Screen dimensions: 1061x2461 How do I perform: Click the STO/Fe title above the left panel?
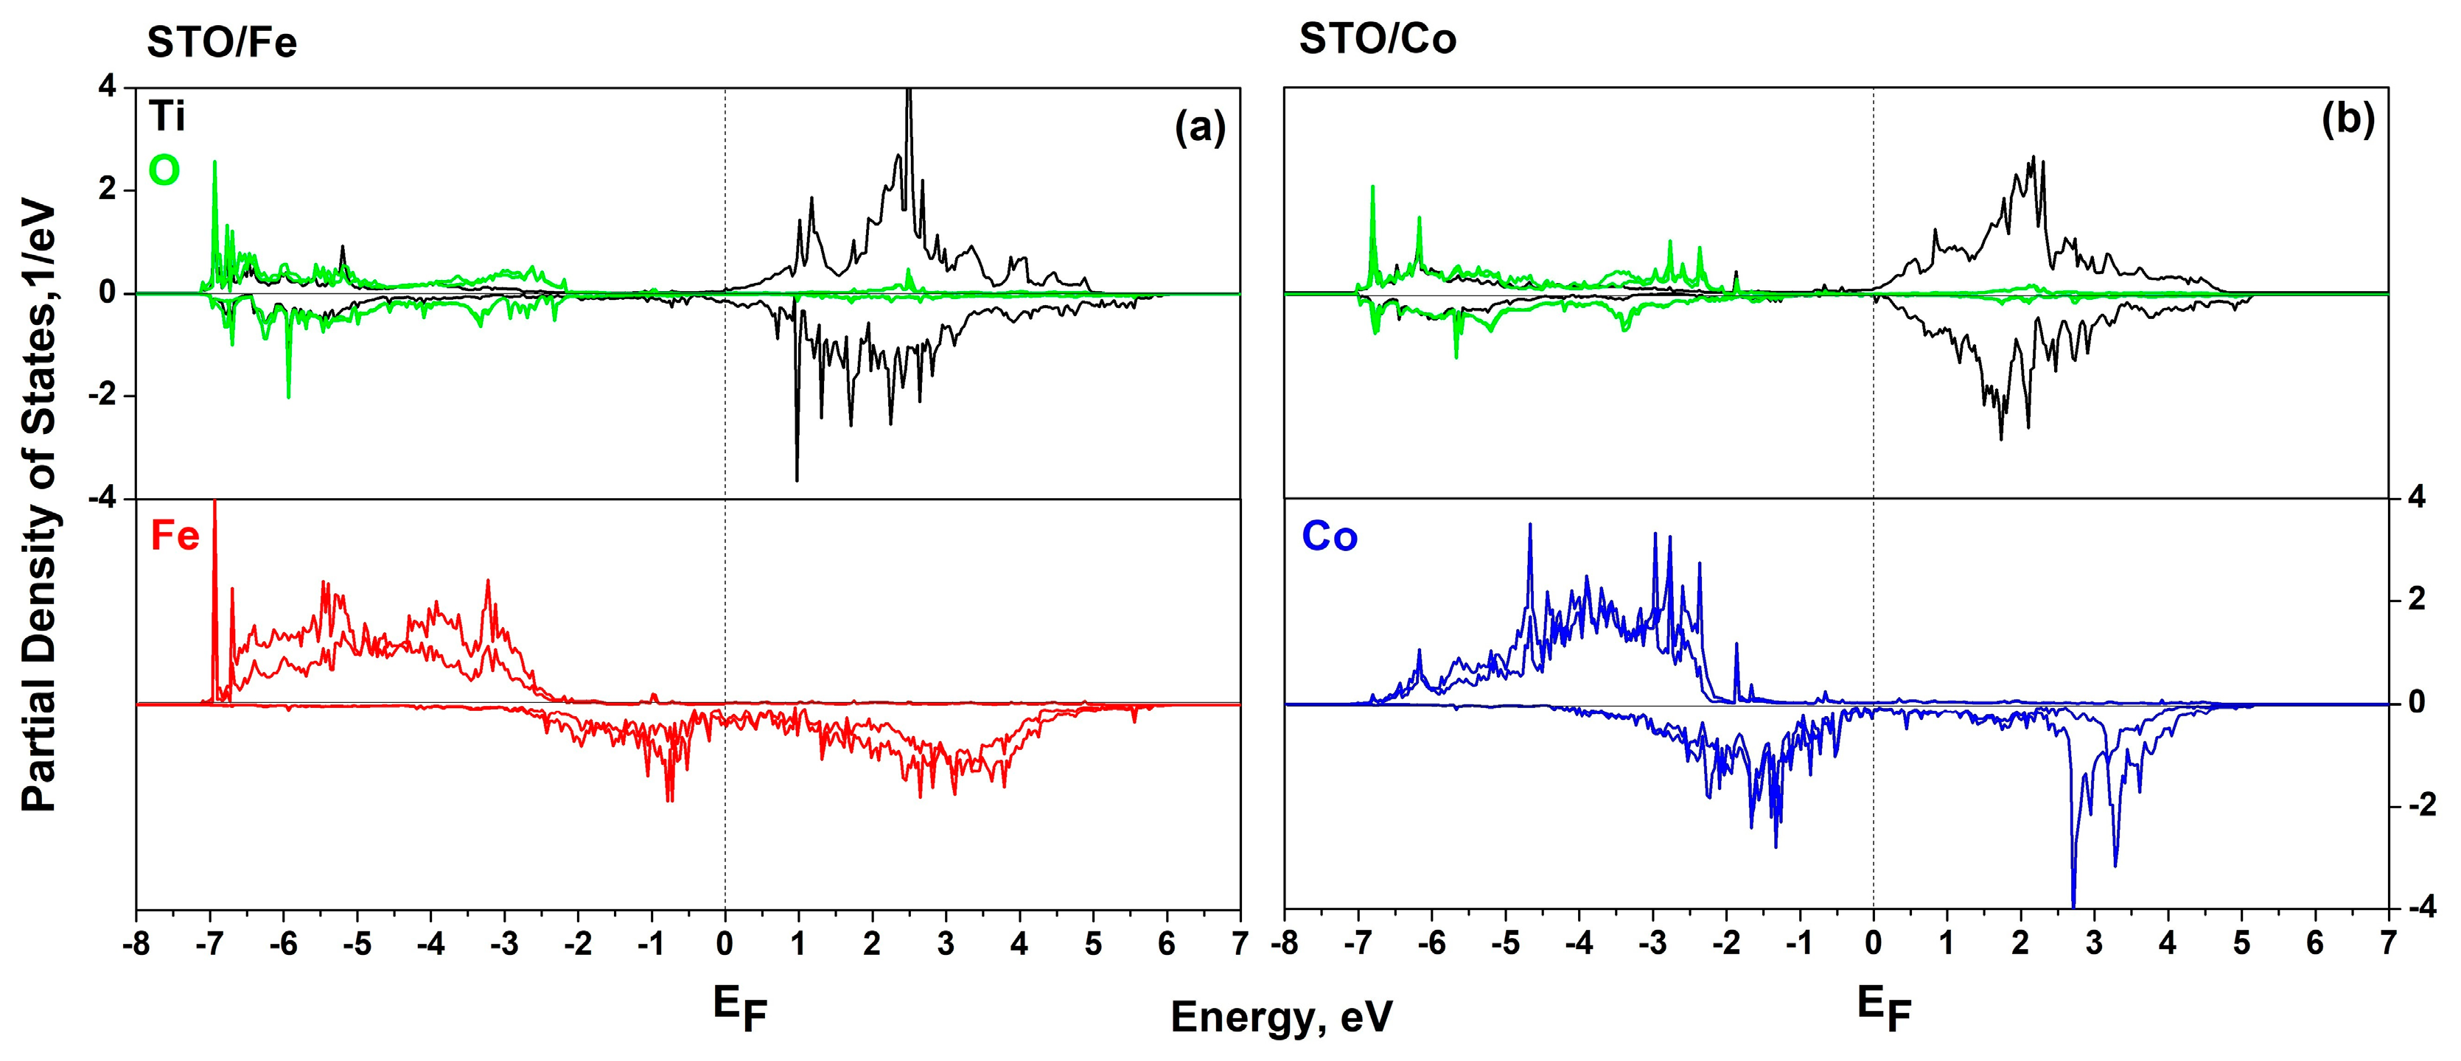point(222,43)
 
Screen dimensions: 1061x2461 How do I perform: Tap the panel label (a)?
point(1199,127)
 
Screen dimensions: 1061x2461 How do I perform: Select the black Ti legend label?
point(167,119)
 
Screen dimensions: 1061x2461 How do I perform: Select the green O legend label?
point(164,171)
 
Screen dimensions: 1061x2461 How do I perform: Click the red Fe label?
point(175,536)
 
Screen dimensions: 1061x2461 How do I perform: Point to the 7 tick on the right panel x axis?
point(2388,945)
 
